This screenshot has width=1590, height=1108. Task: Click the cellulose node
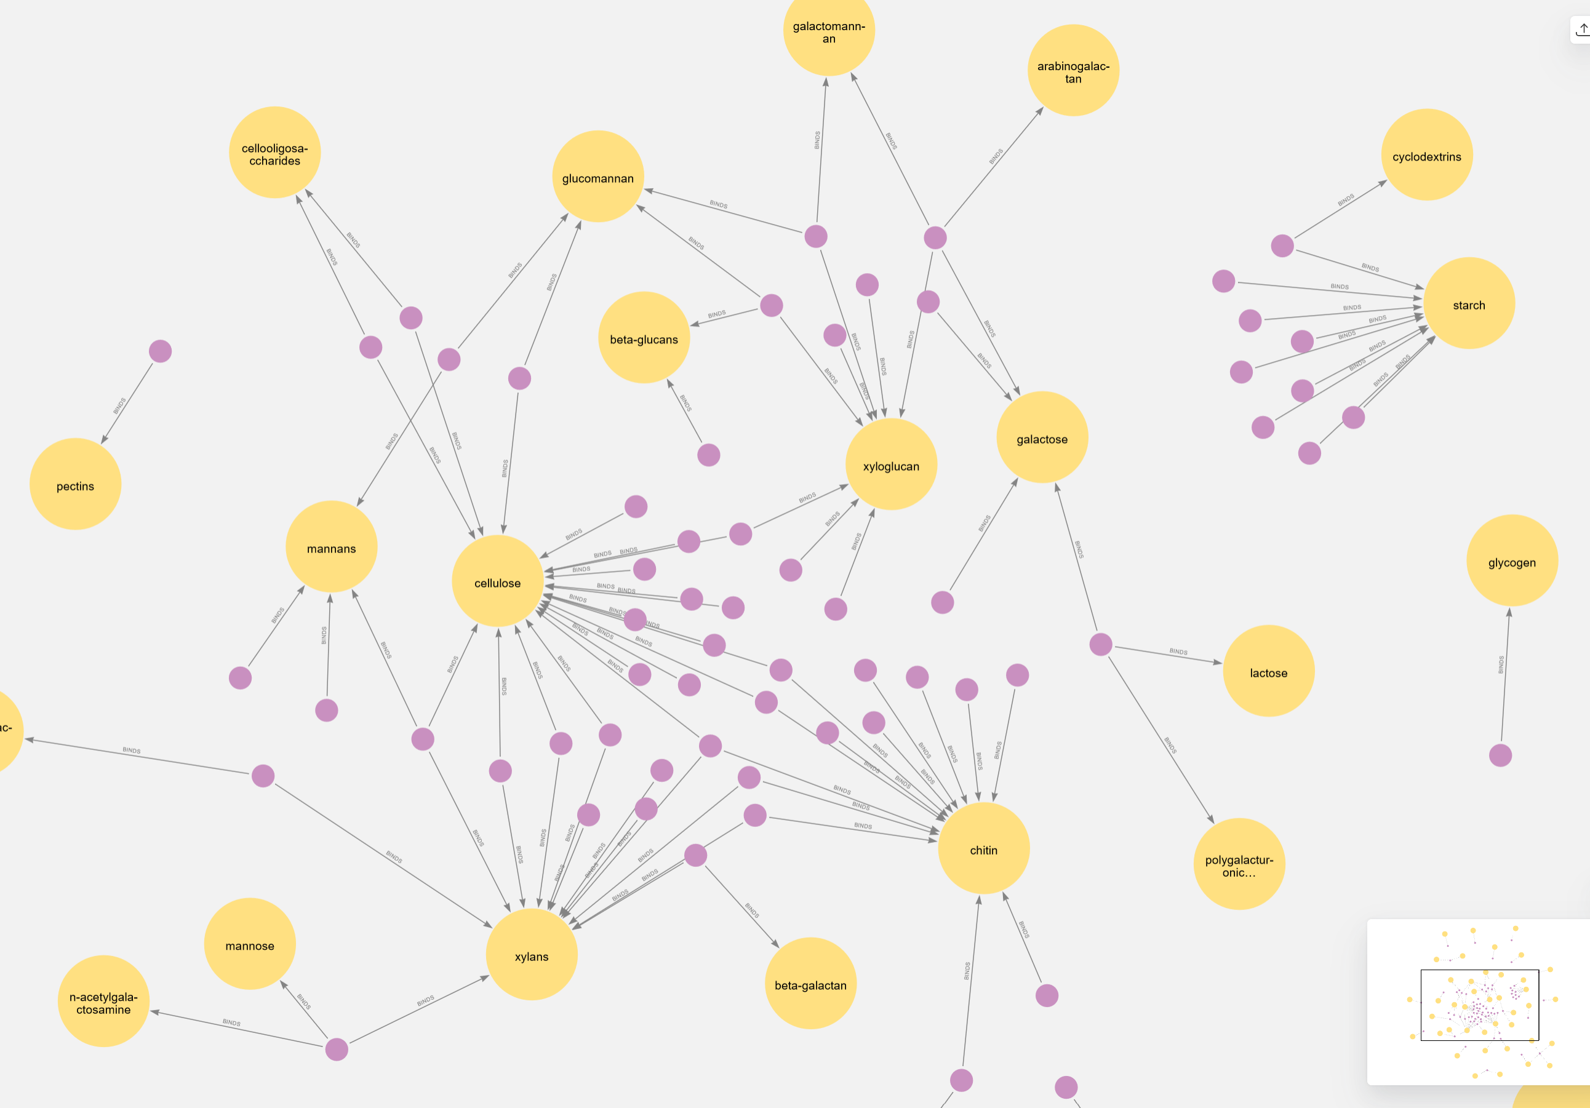[x=497, y=582]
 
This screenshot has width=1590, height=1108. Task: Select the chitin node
[x=983, y=849]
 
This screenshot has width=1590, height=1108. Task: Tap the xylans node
[x=531, y=955]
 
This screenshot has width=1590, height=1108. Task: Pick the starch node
[x=1469, y=304]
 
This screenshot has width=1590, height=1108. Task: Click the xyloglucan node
[x=891, y=464]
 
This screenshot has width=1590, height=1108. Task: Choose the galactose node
[x=1042, y=437]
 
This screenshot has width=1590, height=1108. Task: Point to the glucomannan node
[x=597, y=177]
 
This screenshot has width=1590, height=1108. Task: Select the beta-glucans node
[x=644, y=338]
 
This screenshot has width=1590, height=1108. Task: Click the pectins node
[x=76, y=485]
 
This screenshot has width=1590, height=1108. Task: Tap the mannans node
[x=331, y=547]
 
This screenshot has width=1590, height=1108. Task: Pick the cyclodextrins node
[x=1426, y=155]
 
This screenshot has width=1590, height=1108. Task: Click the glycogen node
[x=1512, y=562]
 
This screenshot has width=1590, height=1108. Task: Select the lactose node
[x=1268, y=672]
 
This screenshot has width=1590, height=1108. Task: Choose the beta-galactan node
[x=810, y=984]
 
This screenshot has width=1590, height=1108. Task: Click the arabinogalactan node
[x=1073, y=71]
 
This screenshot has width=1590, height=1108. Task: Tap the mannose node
[x=249, y=944]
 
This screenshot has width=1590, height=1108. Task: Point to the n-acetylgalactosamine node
[x=103, y=1002]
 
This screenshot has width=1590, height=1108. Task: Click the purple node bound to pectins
[x=160, y=352]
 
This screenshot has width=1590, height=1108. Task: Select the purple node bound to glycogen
[x=1500, y=755]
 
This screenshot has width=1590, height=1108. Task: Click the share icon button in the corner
[x=1581, y=30]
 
